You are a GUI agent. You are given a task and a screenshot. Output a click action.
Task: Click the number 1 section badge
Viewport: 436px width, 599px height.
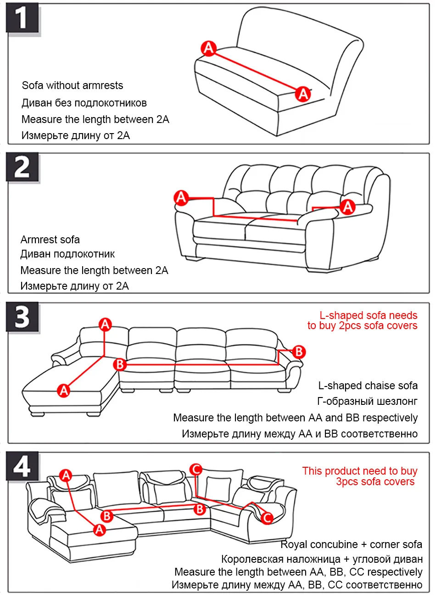[x=22, y=19]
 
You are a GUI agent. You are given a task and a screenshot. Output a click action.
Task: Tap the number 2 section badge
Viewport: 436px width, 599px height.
[x=22, y=168]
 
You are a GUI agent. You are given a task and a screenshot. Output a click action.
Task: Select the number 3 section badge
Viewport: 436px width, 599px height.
[x=22, y=317]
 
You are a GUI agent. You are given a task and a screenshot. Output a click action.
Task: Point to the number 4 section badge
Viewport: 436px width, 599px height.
[x=22, y=466]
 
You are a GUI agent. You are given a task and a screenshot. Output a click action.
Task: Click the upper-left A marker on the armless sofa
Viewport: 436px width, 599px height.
[x=209, y=48]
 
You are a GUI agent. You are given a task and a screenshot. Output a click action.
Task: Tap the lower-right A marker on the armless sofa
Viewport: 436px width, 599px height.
[x=303, y=94]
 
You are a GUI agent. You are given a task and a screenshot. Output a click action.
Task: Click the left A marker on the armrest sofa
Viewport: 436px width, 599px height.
[x=182, y=198]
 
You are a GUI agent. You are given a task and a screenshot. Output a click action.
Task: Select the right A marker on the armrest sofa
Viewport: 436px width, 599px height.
[x=348, y=207]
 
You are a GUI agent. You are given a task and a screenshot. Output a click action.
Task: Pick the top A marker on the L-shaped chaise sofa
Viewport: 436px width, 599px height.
[x=106, y=325]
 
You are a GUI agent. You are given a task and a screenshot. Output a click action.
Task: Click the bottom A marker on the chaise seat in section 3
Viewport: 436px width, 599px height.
[x=64, y=391]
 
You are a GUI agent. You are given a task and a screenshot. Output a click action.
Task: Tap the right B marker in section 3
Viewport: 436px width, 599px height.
[x=299, y=352]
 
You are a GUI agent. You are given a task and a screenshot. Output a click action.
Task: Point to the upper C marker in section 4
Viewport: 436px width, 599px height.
[x=196, y=469]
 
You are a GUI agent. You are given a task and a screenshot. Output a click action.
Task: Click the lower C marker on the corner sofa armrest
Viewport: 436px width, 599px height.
[x=267, y=518]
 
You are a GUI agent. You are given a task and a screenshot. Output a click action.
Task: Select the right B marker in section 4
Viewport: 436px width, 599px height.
[x=200, y=509]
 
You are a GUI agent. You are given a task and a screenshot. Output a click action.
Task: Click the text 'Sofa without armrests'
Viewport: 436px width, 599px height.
[x=73, y=85]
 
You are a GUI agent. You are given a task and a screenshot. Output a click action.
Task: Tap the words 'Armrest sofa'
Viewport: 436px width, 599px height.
[x=50, y=240]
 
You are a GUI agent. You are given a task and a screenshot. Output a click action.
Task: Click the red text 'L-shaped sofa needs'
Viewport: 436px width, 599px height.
[x=368, y=315]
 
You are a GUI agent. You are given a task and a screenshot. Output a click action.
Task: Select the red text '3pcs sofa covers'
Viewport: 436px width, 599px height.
[x=375, y=481]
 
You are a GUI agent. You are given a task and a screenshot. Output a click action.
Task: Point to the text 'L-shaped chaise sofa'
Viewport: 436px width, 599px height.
[x=368, y=386]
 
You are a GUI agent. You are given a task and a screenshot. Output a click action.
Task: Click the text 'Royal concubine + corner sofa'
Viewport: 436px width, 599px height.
[x=351, y=544]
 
